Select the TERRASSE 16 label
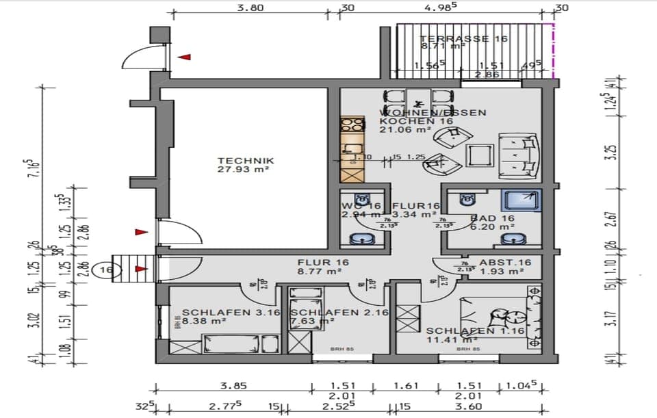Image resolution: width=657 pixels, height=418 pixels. coord(463,39)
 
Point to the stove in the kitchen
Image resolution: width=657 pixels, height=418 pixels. coord(353,125)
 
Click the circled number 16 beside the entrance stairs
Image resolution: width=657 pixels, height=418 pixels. coord(106,270)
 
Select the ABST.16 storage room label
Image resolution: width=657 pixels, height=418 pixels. coord(505,262)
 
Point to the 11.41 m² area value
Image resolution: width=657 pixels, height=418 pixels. coord(460,339)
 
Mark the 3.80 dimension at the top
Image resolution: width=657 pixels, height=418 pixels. coord(250,9)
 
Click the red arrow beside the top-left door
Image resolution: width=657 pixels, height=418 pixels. coord(183,57)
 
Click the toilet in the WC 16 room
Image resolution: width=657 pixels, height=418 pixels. coord(361,200)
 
